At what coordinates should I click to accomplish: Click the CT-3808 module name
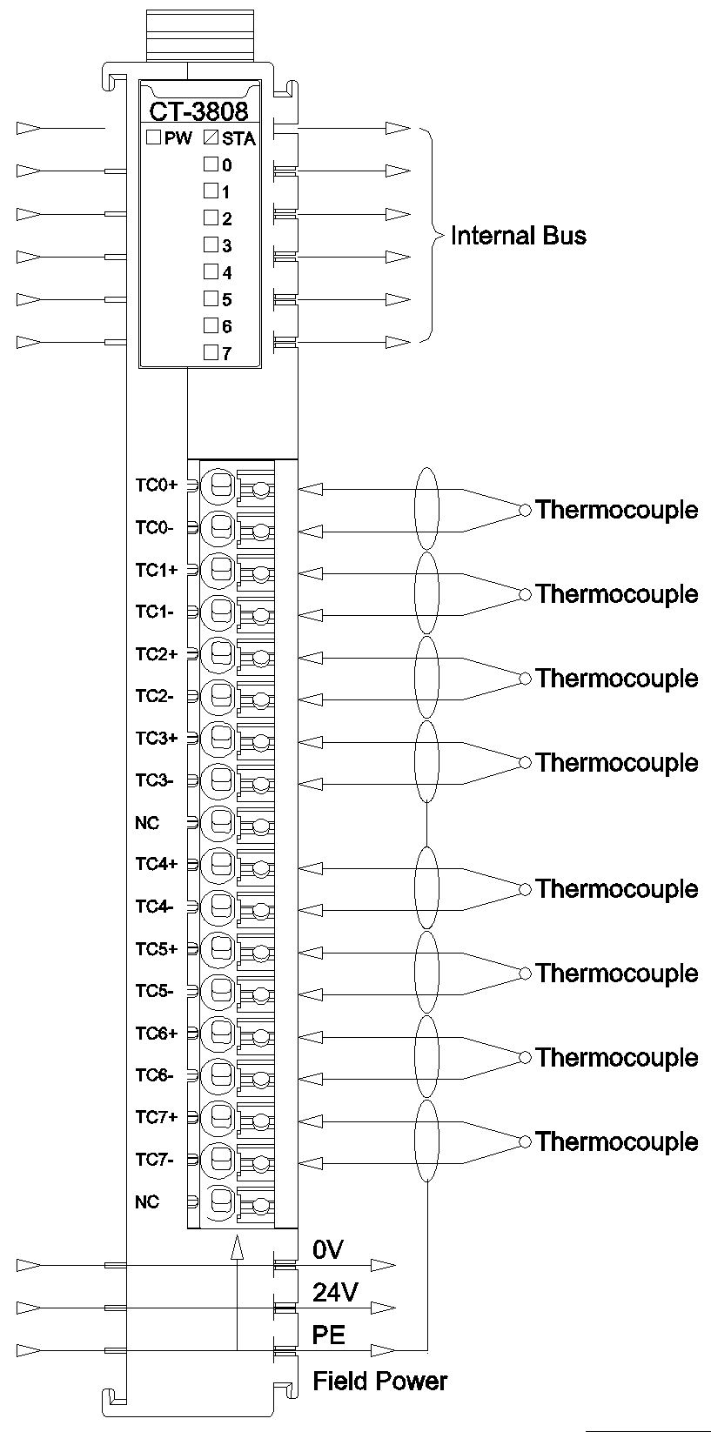198,111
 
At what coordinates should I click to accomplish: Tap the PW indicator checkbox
152,137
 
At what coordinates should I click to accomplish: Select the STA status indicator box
211,137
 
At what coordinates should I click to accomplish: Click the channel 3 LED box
211,244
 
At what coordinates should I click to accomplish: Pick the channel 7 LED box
211,352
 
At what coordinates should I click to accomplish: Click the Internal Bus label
518,236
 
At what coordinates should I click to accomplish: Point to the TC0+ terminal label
156,485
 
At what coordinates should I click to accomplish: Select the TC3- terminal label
154,780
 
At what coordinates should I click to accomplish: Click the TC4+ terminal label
156,864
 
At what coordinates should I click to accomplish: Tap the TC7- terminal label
154,1160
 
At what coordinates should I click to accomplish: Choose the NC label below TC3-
147,822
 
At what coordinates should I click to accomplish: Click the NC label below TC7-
147,1201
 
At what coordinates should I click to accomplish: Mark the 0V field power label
328,1250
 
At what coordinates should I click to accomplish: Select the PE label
329,1335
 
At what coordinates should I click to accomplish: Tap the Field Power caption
379,1381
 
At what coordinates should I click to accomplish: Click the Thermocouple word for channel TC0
617,510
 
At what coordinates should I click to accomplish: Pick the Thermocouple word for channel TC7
617,1142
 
